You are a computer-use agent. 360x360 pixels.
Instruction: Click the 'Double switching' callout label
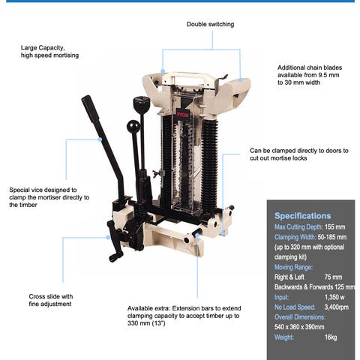[210, 24]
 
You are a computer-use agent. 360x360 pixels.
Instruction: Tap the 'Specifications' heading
[302, 216]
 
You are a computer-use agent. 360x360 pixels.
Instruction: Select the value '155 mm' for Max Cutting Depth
[334, 227]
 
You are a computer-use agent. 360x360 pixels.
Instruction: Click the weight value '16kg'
[331, 337]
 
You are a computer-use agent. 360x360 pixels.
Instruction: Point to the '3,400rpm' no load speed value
[337, 307]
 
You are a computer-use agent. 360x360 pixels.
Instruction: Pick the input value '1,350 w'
[334, 297]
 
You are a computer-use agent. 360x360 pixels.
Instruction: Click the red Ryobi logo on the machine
[182, 114]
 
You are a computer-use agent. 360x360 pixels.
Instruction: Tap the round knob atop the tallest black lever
[141, 102]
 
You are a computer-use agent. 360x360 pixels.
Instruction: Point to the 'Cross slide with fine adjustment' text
[51, 300]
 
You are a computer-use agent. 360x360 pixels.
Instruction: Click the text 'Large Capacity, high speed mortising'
[49, 52]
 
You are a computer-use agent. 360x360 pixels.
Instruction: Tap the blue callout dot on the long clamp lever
[100, 139]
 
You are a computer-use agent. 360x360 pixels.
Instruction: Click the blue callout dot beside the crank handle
[108, 237]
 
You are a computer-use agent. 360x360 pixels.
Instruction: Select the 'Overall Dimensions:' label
[300, 317]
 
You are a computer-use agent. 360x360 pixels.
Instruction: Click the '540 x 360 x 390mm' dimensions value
[299, 327]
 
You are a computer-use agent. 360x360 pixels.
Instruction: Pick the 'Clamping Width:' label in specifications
[295, 237]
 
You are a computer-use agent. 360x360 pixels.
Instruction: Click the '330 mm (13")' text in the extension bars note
[146, 323]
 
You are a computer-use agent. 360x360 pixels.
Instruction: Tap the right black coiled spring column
[209, 163]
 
